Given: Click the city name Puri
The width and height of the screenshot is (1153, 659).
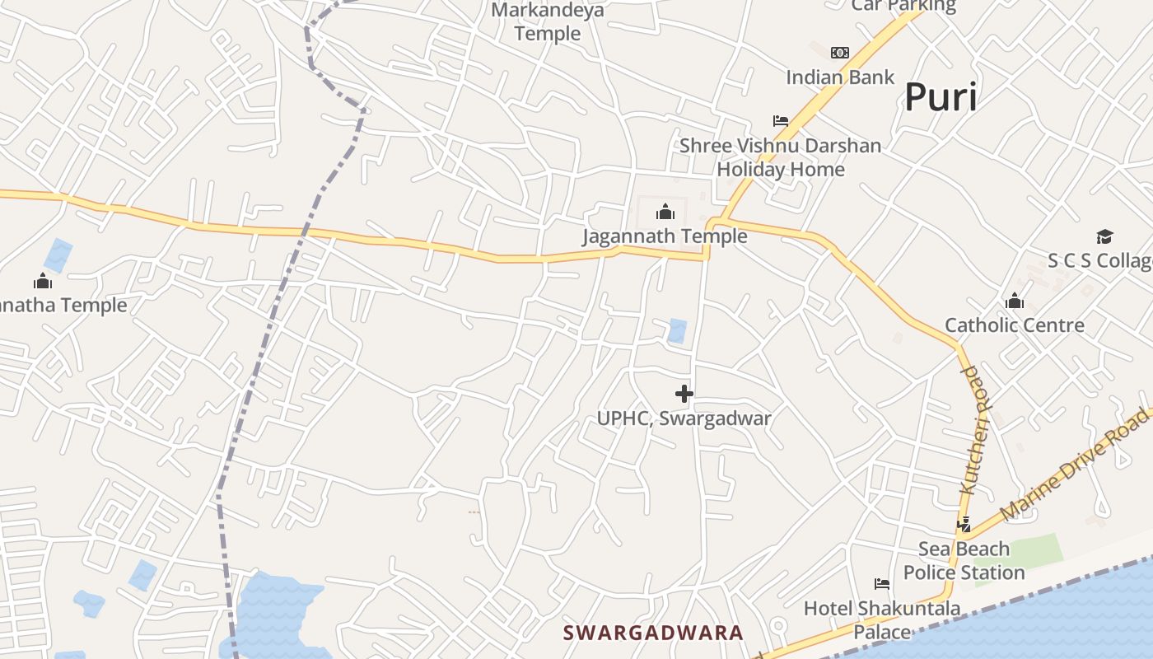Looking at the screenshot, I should pos(941,97).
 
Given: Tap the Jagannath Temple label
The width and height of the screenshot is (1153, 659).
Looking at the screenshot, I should pos(665,236).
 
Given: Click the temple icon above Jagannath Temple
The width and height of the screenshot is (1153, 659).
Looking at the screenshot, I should pos(665,213).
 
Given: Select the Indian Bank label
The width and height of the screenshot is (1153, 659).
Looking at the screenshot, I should pos(840,77).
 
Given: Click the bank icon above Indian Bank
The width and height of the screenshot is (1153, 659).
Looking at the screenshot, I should pos(839,53).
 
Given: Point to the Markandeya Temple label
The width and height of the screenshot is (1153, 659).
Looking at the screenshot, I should pos(548,22).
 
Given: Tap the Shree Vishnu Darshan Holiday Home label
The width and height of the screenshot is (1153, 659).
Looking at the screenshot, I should pos(780,157).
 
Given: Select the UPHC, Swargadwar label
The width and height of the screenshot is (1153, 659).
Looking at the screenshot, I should pos(684,418).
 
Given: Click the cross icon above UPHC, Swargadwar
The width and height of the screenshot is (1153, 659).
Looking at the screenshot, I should pos(684,394).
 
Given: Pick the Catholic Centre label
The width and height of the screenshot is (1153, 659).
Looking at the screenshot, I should pos(1015,325).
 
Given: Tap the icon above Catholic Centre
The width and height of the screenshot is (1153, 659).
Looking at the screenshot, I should pos(1015,301).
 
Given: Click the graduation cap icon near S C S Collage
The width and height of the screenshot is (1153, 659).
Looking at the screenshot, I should pos(1104,237).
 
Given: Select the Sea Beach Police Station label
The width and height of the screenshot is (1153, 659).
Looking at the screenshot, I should pos(964,560).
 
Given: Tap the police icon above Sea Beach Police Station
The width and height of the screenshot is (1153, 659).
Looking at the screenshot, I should pos(964,524).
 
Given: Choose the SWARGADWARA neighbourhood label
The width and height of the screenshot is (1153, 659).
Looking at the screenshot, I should pos(653,633).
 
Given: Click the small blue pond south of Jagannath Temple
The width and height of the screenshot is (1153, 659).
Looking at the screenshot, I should pos(677,330).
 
